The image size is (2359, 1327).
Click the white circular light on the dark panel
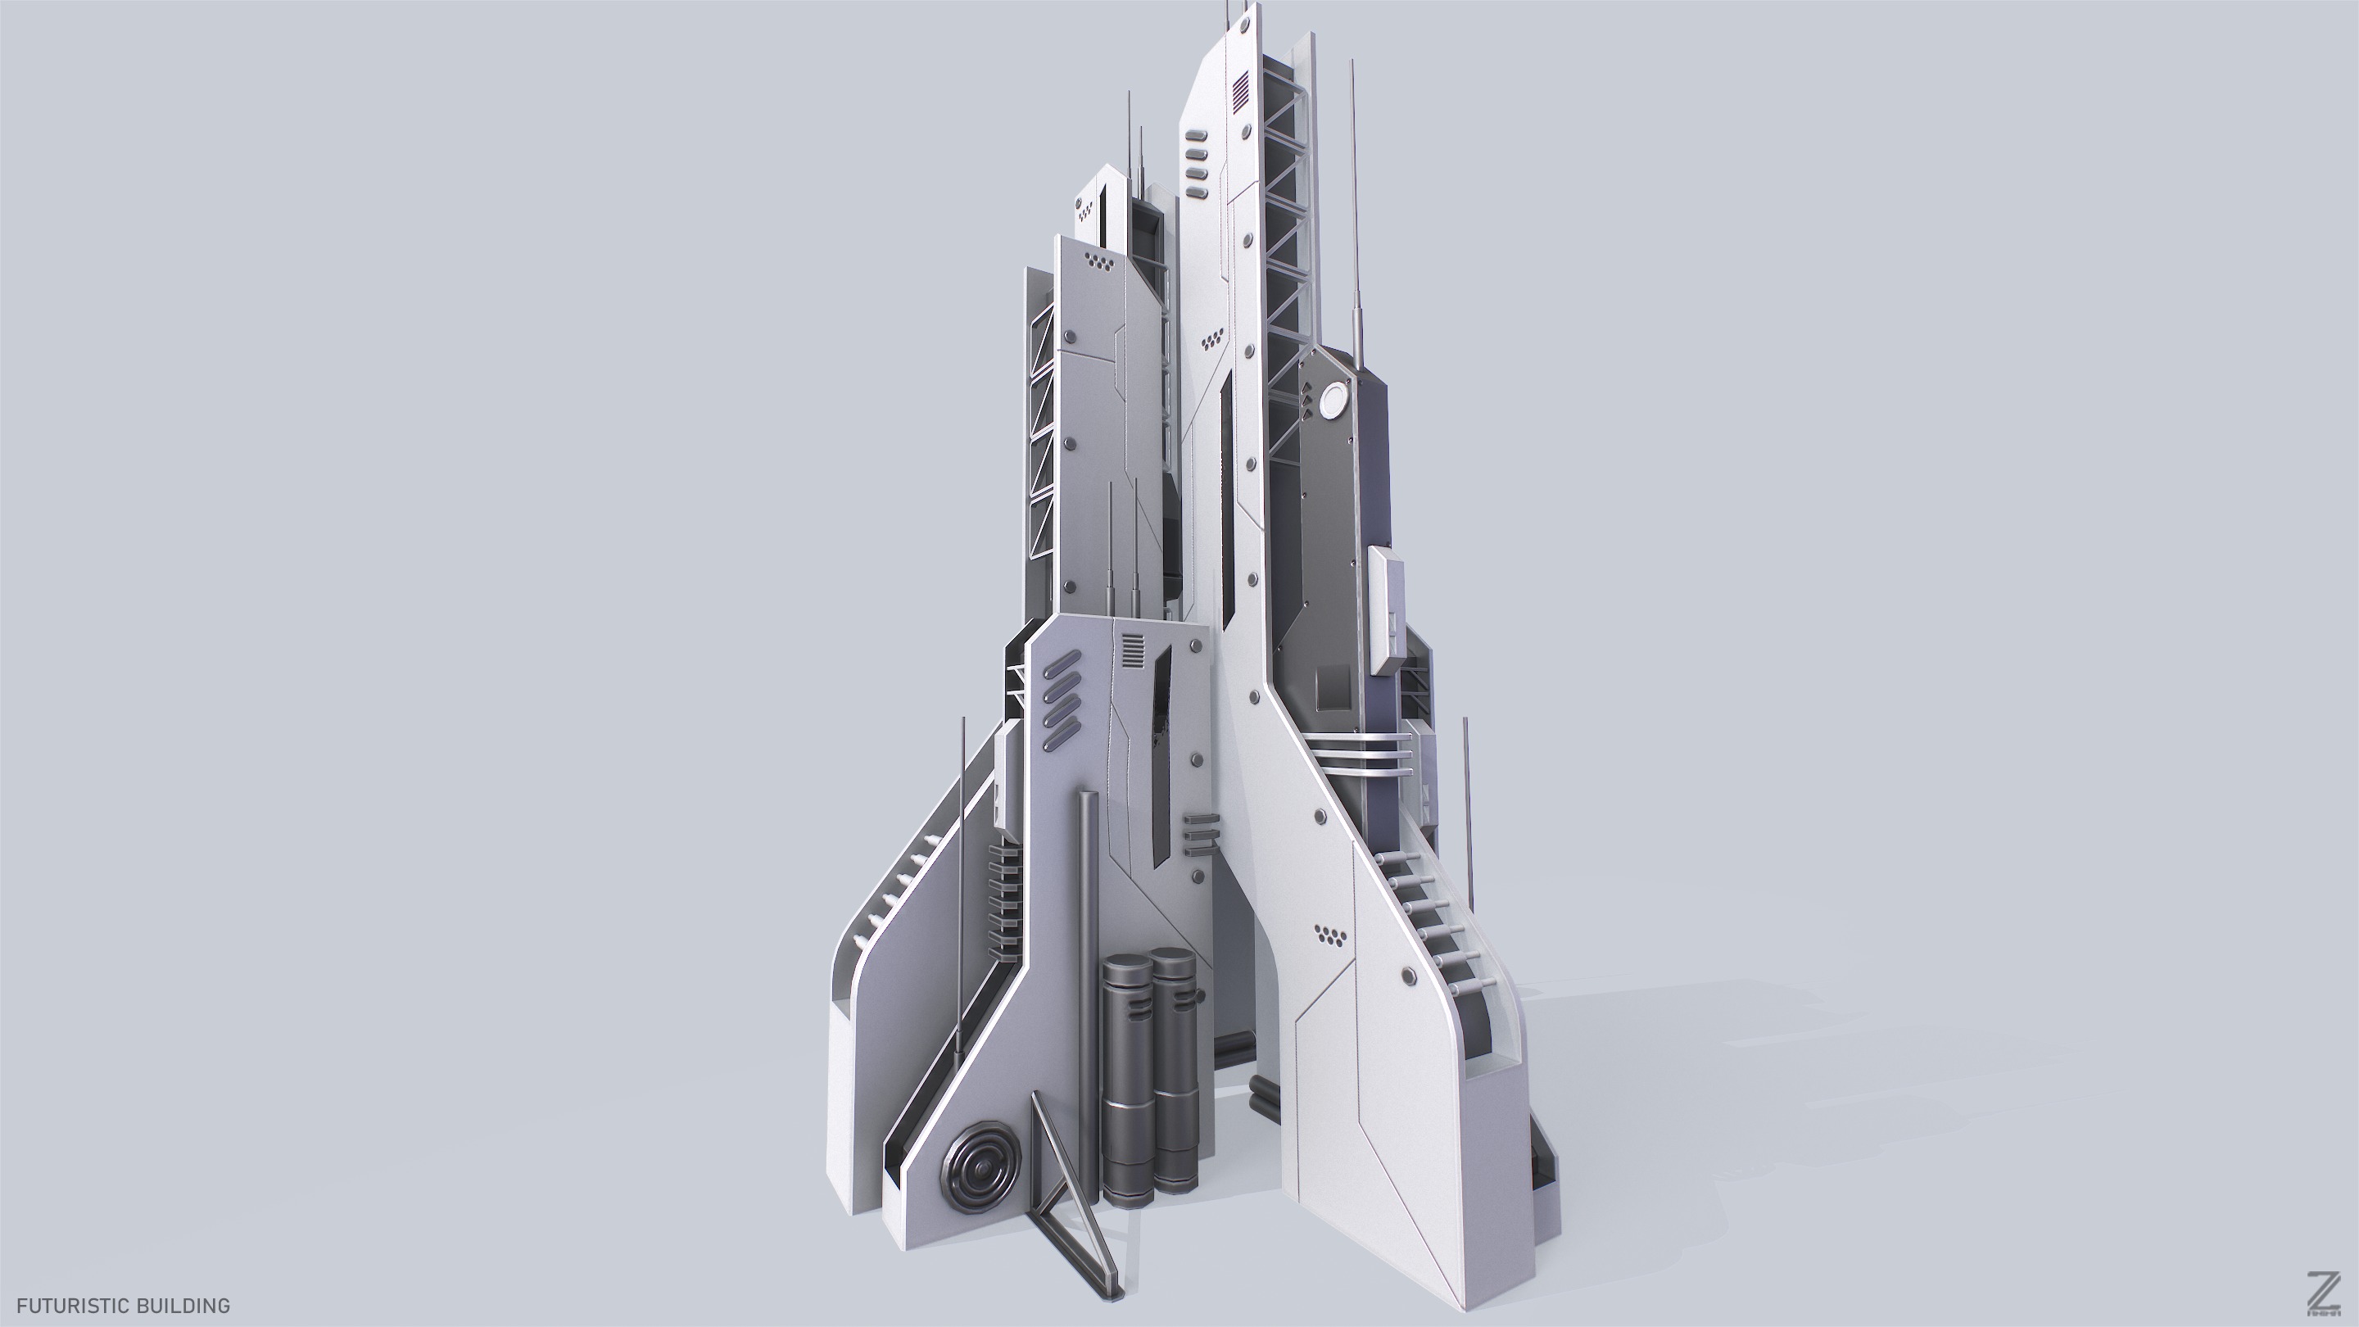[1333, 399]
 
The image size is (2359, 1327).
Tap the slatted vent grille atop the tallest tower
[1242, 91]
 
